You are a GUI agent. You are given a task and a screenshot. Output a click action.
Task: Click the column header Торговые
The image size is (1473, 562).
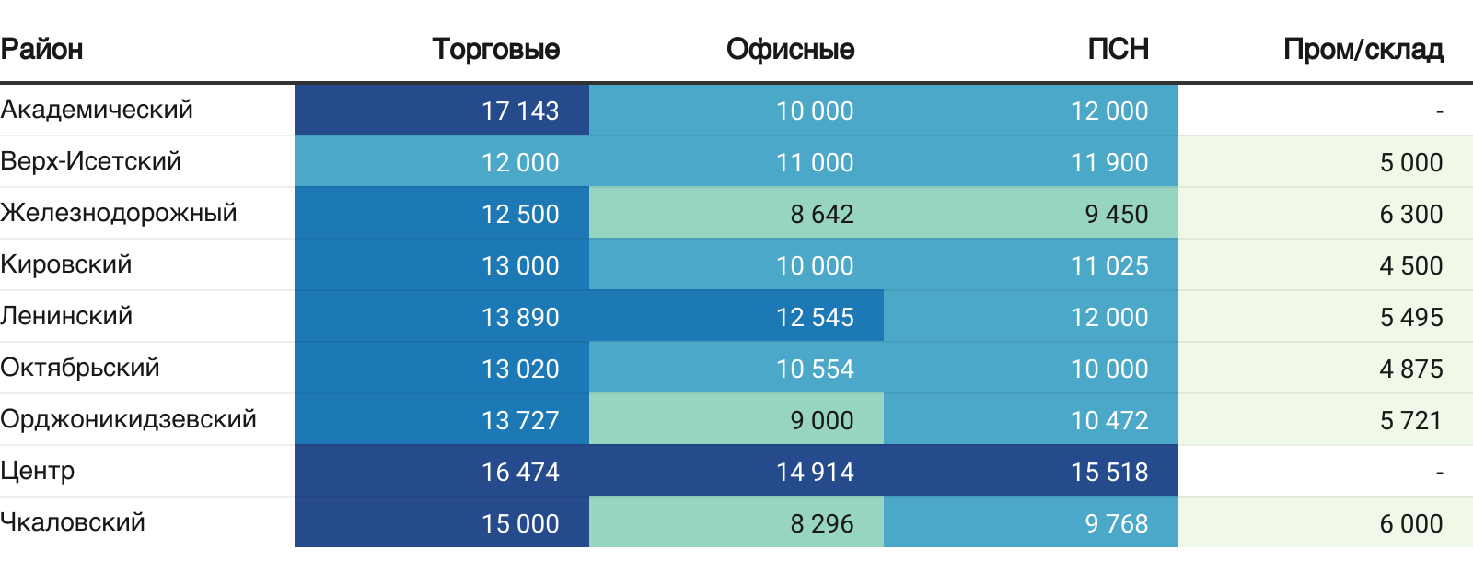tap(495, 49)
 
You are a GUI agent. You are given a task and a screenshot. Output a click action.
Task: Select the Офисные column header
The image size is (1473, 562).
tap(790, 49)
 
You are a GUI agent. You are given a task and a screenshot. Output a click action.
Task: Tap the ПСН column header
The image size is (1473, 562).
tap(1118, 49)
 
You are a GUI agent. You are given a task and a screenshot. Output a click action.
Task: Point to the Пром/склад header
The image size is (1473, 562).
tap(1363, 49)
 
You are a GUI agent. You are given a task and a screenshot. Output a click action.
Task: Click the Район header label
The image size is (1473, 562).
tap(41, 49)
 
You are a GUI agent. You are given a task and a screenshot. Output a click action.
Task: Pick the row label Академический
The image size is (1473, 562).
tap(97, 110)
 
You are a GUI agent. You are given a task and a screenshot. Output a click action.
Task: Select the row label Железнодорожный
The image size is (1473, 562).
tap(119, 213)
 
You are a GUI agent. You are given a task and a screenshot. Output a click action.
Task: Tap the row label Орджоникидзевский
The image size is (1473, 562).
tap(128, 419)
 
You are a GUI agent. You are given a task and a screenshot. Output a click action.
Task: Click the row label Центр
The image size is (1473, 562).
tap(38, 471)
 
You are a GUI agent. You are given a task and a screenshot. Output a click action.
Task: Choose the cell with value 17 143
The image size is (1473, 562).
tap(520, 111)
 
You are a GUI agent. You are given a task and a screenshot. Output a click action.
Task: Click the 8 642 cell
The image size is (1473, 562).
tap(822, 214)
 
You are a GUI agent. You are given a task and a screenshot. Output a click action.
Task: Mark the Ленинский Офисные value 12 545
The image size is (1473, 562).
tap(815, 317)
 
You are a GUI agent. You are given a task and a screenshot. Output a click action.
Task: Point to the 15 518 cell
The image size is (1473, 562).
tap(1109, 472)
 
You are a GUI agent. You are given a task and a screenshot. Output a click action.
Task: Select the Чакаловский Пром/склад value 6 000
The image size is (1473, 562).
tap(1410, 523)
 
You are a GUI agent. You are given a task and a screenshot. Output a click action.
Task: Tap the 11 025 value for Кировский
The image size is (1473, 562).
tap(1109, 265)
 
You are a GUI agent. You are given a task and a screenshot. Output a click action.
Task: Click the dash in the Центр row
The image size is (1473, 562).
tap(1439, 472)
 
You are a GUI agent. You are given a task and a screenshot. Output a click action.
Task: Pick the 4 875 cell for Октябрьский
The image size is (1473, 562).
tap(1410, 369)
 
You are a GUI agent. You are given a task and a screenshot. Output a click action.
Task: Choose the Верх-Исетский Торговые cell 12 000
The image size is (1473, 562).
tap(520, 162)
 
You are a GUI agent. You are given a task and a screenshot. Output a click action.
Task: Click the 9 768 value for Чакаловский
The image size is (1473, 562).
tap(1116, 523)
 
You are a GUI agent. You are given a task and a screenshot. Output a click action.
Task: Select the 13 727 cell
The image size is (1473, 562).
tap(520, 420)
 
